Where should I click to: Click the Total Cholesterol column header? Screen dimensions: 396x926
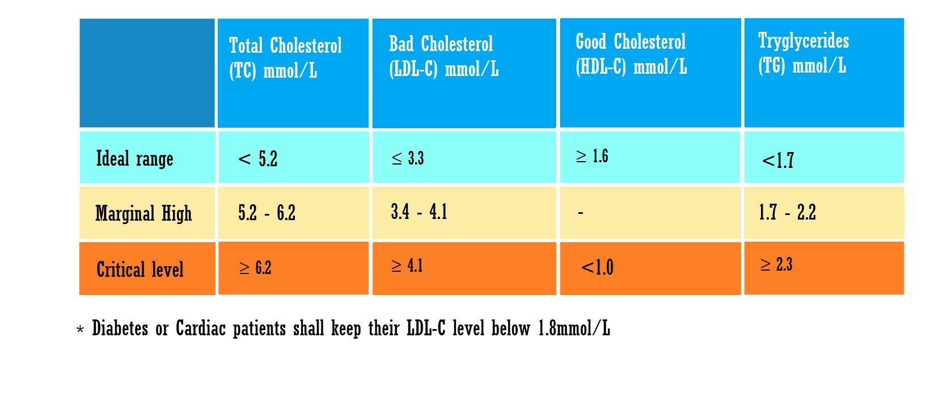click(285, 57)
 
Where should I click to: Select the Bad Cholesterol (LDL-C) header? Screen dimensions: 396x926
click(443, 56)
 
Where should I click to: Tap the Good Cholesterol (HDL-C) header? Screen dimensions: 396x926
click(631, 54)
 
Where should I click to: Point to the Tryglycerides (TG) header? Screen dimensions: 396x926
click(803, 53)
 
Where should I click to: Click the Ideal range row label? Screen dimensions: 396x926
click(134, 159)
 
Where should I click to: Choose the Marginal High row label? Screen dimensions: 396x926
click(143, 214)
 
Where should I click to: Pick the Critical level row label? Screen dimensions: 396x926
click(140, 269)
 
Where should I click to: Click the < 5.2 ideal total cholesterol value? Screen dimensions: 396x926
click(258, 159)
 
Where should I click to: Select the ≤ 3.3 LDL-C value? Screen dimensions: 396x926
click(408, 158)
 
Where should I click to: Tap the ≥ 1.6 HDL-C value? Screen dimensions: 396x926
click(592, 156)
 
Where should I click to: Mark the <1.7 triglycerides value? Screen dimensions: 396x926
click(778, 161)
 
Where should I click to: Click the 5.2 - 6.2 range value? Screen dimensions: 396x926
click(267, 213)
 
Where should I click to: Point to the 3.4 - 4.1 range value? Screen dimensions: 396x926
click(418, 212)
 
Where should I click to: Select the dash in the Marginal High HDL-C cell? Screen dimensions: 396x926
click(580, 213)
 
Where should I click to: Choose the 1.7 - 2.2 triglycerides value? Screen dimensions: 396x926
click(787, 212)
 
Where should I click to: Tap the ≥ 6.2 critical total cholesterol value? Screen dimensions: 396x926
click(255, 268)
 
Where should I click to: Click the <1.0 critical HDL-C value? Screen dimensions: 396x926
click(597, 267)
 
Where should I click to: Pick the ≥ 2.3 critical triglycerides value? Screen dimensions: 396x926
click(776, 264)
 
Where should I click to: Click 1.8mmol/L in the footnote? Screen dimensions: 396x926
click(574, 328)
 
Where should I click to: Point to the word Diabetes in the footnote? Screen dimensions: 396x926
click(120, 328)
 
